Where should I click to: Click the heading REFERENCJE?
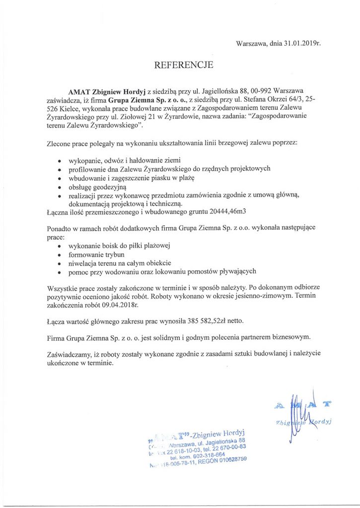(x=184, y=64)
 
